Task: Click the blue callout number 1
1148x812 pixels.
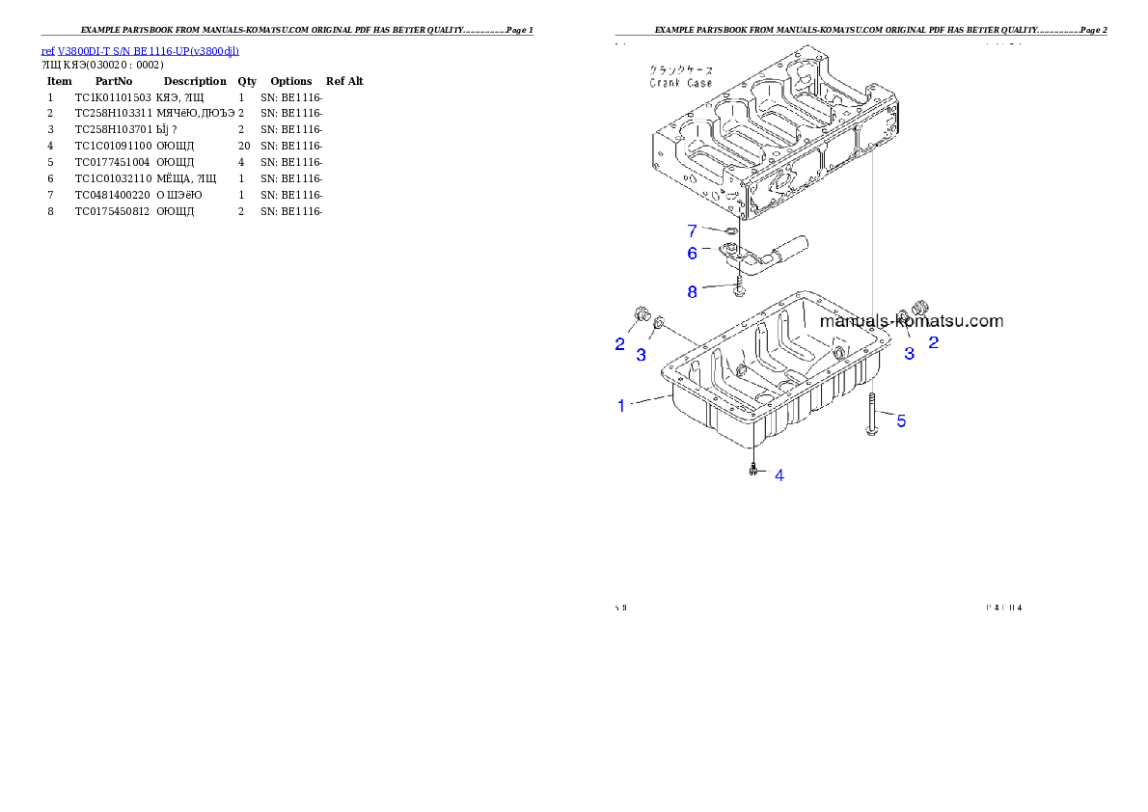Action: click(x=621, y=406)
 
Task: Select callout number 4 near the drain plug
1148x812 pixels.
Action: click(x=779, y=474)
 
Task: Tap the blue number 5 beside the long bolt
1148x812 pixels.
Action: click(x=901, y=420)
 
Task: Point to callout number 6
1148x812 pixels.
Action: click(x=692, y=253)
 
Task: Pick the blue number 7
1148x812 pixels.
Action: click(x=692, y=230)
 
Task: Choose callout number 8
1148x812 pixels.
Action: click(x=692, y=291)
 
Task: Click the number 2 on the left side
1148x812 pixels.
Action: click(x=620, y=343)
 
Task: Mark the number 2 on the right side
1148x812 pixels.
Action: click(x=933, y=340)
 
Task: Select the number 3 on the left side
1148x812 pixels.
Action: click(x=642, y=355)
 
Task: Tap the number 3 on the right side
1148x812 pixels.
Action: click(x=909, y=353)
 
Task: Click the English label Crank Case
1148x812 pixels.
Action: click(x=680, y=84)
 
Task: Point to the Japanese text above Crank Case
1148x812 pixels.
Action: click(x=681, y=71)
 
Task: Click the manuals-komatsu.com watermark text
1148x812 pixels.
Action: click(x=911, y=322)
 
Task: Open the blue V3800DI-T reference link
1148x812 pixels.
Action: click(x=140, y=50)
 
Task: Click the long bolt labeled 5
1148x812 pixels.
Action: click(x=871, y=416)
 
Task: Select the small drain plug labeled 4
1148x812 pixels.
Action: click(x=752, y=471)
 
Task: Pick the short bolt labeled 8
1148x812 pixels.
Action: click(x=738, y=285)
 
